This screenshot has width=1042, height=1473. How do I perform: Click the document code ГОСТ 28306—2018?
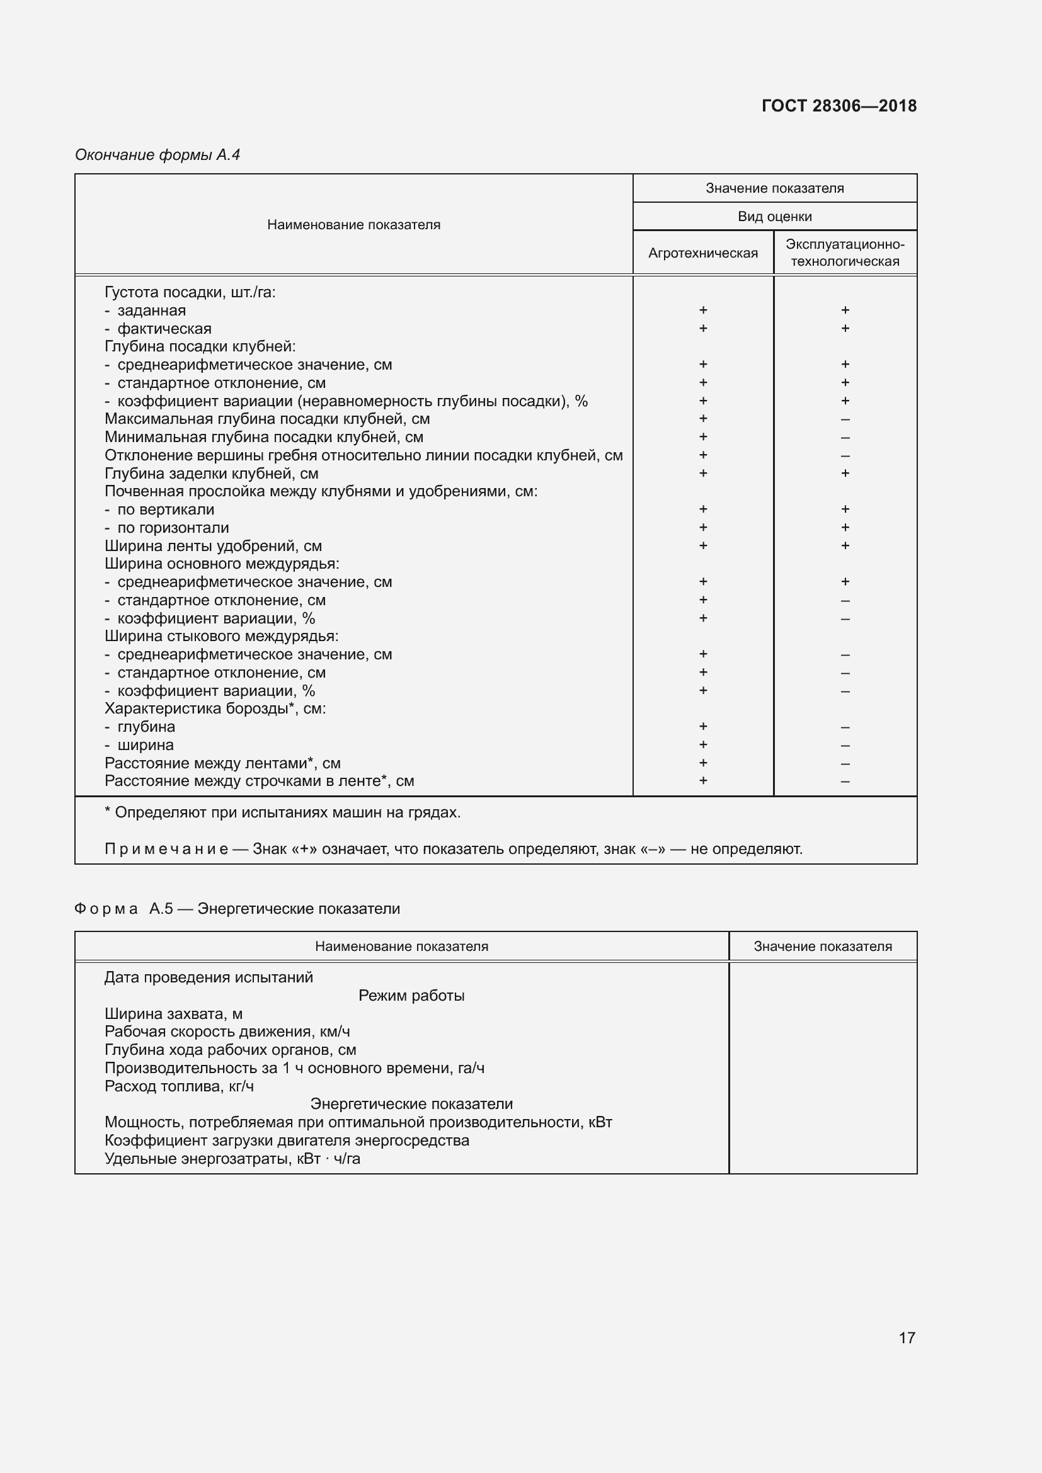[x=839, y=106]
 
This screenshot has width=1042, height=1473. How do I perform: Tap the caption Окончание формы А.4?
[x=157, y=155]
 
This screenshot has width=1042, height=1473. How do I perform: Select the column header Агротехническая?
[x=702, y=253]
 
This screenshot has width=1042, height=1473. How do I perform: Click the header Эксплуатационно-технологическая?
[x=845, y=253]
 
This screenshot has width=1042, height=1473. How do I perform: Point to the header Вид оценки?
[x=774, y=217]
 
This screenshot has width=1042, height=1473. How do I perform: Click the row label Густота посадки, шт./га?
[x=190, y=293]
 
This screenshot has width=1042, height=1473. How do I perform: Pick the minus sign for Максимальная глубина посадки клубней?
[x=845, y=419]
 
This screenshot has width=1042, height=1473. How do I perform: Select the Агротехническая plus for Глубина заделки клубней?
[x=703, y=474]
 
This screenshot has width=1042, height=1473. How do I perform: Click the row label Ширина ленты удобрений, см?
[x=213, y=546]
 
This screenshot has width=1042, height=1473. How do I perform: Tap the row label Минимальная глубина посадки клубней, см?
[x=264, y=438]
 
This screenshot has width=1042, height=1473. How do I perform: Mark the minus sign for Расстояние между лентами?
[x=845, y=764]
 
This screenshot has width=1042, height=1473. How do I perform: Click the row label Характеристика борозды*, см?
[x=215, y=709]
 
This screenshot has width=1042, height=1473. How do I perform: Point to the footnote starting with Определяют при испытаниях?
[x=282, y=813]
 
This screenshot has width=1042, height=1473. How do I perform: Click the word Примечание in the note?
[x=166, y=850]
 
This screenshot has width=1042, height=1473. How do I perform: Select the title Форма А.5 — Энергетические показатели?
[x=238, y=909]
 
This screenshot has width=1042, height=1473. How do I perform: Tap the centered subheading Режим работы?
[x=411, y=996]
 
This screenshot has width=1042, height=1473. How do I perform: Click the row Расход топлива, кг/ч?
[x=179, y=1087]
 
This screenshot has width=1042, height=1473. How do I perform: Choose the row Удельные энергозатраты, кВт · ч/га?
[x=232, y=1159]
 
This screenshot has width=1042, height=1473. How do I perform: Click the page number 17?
[x=907, y=1338]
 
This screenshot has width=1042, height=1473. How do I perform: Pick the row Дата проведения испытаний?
[x=209, y=978]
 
